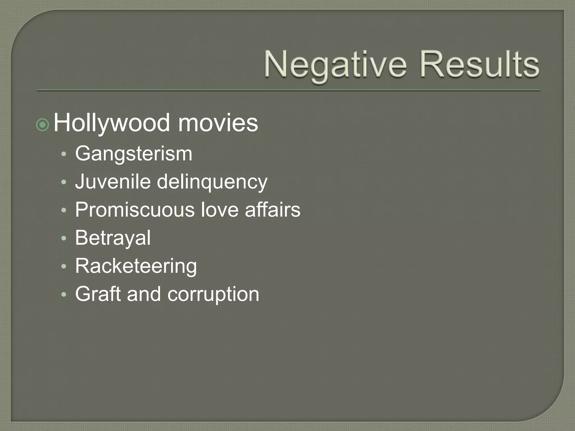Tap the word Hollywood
(111, 123)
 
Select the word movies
(218, 123)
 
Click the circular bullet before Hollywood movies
(43, 125)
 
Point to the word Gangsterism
(134, 154)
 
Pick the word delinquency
(212, 182)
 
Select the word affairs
(272, 210)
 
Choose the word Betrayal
(113, 238)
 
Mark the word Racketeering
(136, 266)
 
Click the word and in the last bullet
(144, 294)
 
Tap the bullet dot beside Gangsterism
(64, 154)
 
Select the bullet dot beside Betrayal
(64, 238)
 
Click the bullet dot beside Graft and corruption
(64, 294)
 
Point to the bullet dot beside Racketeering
(64, 266)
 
